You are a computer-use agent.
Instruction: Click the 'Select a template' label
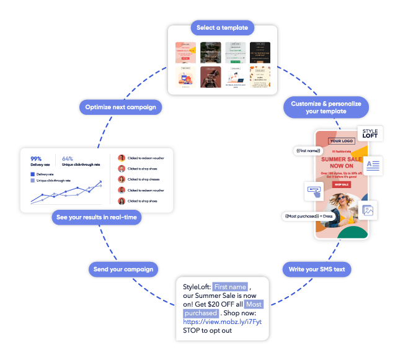point(222,28)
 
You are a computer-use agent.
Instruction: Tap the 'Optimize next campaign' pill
point(121,107)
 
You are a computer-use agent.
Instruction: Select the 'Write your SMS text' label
point(317,269)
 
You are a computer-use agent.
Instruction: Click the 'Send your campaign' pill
point(123,269)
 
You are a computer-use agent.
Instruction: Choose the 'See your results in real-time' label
point(96,218)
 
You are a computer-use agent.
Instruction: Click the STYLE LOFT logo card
point(370,134)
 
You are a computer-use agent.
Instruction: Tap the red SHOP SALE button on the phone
point(341,184)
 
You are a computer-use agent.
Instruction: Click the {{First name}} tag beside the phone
point(307,151)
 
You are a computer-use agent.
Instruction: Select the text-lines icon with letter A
point(373,164)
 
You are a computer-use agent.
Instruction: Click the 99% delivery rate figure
point(36,159)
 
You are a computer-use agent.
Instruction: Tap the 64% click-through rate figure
point(68,159)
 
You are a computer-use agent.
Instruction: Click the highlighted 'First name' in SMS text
point(230,286)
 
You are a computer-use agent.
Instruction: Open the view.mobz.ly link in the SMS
point(222,322)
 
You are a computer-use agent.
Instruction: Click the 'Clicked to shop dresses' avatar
point(122,179)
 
